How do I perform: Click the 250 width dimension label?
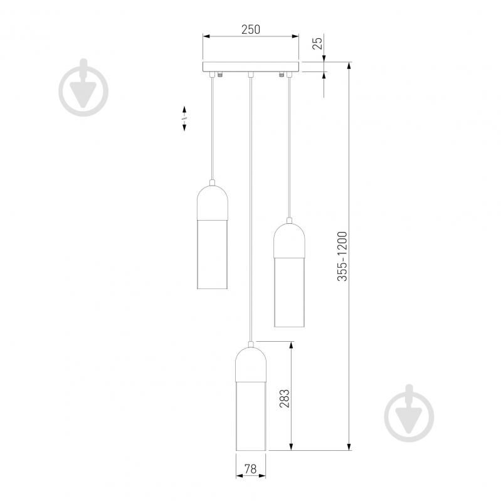tap(251, 29)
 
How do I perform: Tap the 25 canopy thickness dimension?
tap(317, 43)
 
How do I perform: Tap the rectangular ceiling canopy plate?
tap(251, 66)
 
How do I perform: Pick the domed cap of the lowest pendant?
tap(250, 364)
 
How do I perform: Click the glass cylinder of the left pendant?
tap(213, 254)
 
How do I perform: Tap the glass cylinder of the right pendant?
tap(289, 291)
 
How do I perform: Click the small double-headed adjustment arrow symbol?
tap(184, 118)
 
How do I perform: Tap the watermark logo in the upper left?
tap(83, 88)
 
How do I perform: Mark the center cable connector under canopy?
tap(250, 75)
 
